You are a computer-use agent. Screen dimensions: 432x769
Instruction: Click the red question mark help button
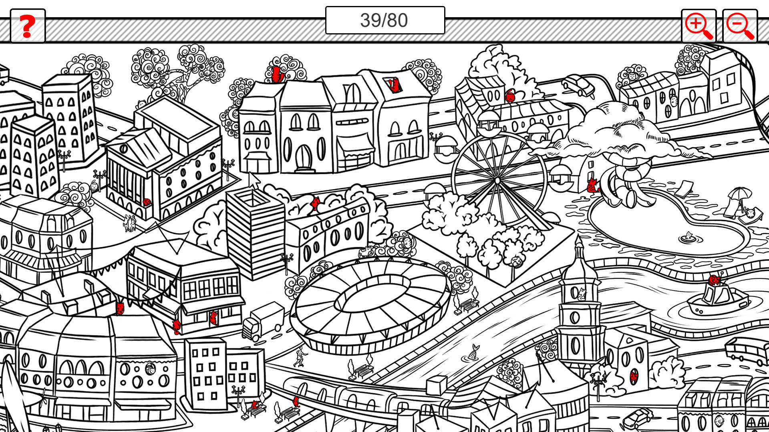(27, 26)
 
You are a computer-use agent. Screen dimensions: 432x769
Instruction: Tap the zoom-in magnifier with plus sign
(698, 26)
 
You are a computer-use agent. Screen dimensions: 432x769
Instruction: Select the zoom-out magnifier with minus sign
(740, 26)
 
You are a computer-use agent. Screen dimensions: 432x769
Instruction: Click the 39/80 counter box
(384, 20)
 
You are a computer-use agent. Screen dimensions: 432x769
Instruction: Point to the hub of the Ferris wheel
(497, 181)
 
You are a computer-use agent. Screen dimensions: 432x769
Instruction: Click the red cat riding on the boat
(714, 280)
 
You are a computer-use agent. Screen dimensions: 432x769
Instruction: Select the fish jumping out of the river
(473, 352)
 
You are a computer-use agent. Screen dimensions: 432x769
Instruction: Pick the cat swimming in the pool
(688, 237)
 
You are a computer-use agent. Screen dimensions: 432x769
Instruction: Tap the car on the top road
(579, 85)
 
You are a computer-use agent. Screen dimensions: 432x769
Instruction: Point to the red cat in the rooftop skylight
(394, 85)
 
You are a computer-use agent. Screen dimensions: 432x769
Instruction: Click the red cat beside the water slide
(592, 186)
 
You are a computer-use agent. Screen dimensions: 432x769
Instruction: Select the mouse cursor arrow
(254, 180)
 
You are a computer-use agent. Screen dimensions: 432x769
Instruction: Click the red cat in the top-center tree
(276, 74)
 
